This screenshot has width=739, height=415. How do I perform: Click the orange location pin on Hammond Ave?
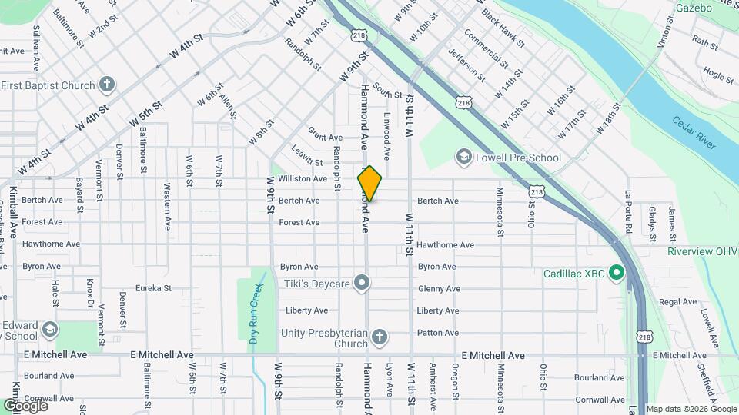coord(369,183)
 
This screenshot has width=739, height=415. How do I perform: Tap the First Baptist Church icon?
coord(108,85)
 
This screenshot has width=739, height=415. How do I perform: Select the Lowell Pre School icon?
coord(463,158)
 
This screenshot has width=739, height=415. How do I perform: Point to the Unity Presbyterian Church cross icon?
coord(379,337)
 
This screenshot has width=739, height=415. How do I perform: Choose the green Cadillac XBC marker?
coord(616,273)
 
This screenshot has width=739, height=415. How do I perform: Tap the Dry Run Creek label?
coord(257,311)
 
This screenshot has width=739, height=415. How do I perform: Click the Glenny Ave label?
coord(439,289)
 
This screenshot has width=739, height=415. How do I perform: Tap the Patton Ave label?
coord(437,333)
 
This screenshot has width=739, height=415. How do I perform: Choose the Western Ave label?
coord(167,207)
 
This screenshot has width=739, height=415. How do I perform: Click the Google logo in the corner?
coord(25,405)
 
